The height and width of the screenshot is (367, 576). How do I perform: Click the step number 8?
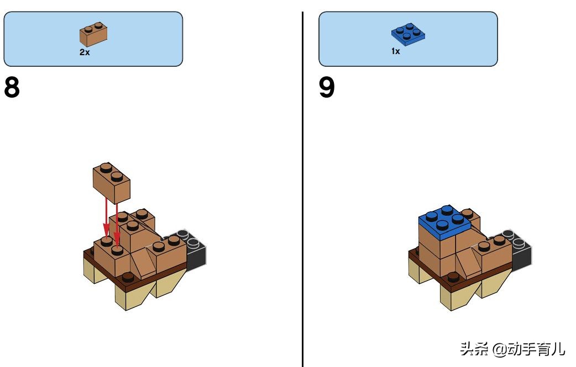point(12,87)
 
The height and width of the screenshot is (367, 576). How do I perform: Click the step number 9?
point(327,87)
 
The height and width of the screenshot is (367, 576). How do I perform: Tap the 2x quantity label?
point(85,52)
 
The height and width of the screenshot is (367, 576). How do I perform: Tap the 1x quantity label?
point(396,51)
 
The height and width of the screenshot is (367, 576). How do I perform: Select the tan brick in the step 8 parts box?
point(93,34)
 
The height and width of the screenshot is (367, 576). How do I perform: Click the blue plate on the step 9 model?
point(444,221)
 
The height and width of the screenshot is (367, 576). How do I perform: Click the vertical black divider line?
point(303,189)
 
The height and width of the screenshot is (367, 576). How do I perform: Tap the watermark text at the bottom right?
point(512,349)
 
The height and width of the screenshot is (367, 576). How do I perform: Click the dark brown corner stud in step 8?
point(128,276)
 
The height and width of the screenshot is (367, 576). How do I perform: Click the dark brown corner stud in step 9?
point(453,277)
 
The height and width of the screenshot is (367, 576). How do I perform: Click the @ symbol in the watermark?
point(499,349)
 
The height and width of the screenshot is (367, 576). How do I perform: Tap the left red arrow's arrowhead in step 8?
point(106,231)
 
